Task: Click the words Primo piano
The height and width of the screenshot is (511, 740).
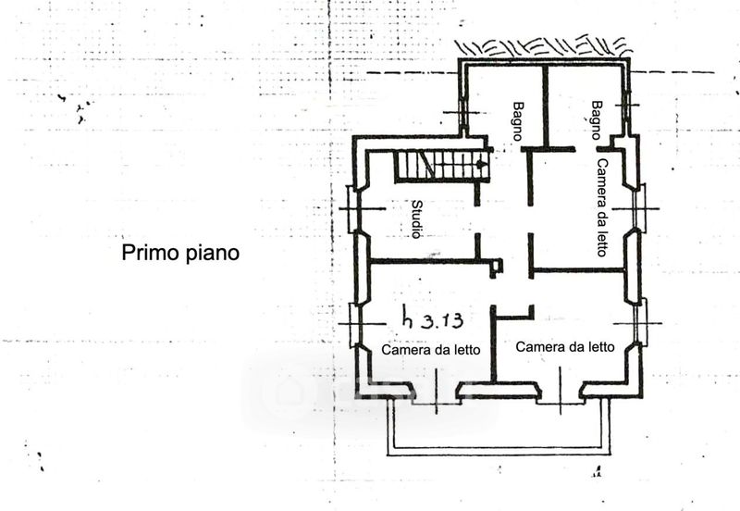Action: click(180, 253)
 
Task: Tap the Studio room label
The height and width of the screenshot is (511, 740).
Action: click(417, 219)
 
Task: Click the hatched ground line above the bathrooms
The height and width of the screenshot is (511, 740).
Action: click(541, 46)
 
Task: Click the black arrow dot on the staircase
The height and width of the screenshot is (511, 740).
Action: click(480, 164)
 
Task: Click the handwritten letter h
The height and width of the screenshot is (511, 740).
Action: click(409, 318)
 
